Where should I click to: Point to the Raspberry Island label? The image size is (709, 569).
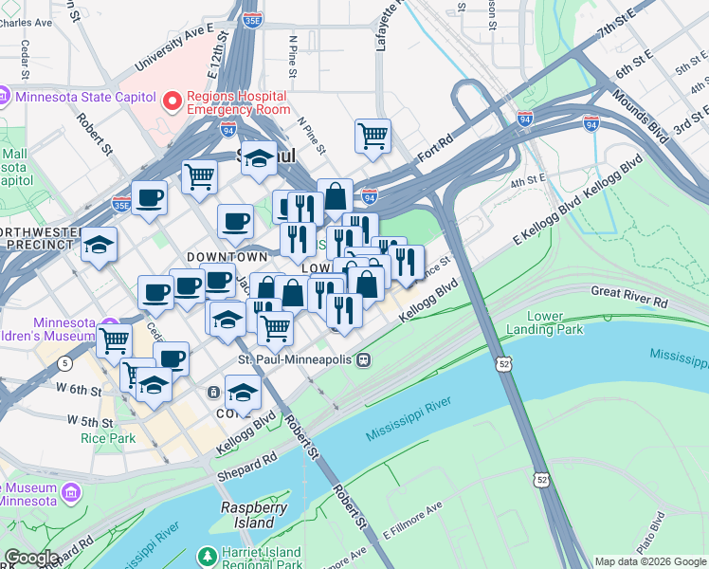(x=254, y=515)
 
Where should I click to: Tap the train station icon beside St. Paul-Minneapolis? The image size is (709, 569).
(x=363, y=360)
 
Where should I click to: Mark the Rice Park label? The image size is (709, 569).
(x=107, y=438)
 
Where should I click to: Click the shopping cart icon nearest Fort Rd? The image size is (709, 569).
(x=373, y=136)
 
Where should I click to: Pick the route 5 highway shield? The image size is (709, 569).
(x=64, y=363)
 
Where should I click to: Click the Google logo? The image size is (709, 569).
(x=30, y=559)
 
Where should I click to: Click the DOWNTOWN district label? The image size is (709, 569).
(x=227, y=257)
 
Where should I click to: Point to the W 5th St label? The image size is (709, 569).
(x=90, y=420)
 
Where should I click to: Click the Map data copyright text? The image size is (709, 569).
(x=649, y=561)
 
